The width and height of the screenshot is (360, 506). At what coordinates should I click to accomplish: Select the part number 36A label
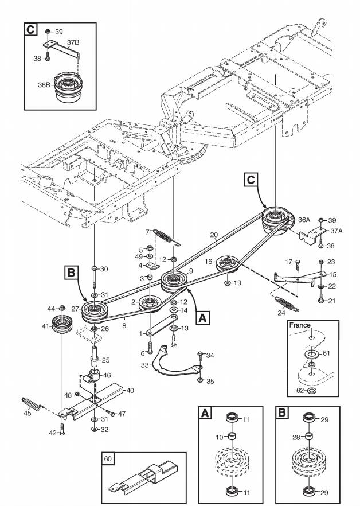pos(304,220)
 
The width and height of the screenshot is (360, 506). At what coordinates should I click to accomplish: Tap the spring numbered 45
pos(32,404)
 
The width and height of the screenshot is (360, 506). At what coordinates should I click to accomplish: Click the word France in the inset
pos(300,325)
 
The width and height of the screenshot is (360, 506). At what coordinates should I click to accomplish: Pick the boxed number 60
pos(108,458)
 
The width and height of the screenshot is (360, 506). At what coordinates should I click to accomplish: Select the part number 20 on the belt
pos(214,235)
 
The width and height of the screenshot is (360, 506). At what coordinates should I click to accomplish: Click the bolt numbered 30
pos(94,277)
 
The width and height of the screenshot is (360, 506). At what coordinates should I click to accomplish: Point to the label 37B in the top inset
pos(73,42)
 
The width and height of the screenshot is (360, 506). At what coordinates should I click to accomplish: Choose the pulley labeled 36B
pos(68,87)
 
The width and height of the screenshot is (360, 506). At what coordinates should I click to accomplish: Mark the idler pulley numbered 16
pos(228,263)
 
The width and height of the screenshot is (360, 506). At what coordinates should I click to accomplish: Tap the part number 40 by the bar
pos(130,391)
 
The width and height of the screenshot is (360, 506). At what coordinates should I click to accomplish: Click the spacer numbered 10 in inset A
pos(232,437)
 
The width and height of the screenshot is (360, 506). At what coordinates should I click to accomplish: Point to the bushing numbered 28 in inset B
pos(309,437)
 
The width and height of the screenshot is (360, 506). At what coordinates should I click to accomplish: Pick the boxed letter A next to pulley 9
pos(202,318)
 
